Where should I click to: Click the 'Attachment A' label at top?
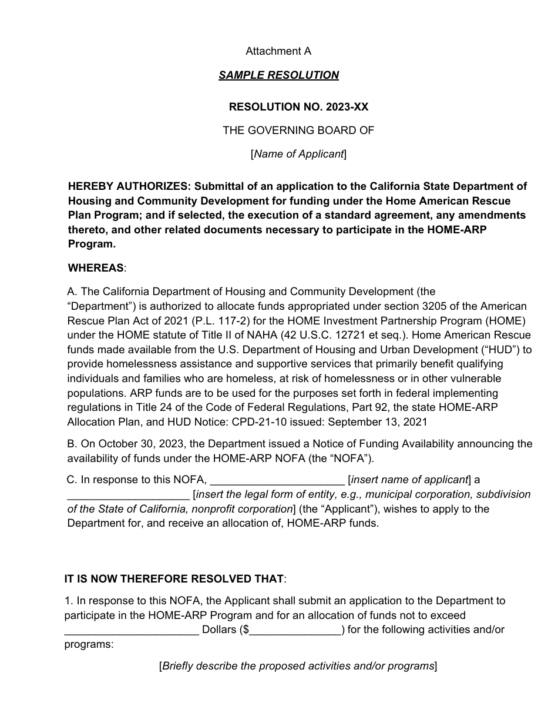coord(278,51)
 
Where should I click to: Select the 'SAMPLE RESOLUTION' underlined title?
coord(278,75)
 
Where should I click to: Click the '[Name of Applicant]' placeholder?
coord(298,154)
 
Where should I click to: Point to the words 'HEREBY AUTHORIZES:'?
coord(129,186)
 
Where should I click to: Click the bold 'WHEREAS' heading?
coord(96,268)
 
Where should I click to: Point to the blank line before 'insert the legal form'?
coord(128,495)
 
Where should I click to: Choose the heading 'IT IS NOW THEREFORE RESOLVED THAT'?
coord(174,579)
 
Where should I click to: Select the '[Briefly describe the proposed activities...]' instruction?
coord(298,666)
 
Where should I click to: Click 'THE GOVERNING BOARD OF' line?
coord(298,130)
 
